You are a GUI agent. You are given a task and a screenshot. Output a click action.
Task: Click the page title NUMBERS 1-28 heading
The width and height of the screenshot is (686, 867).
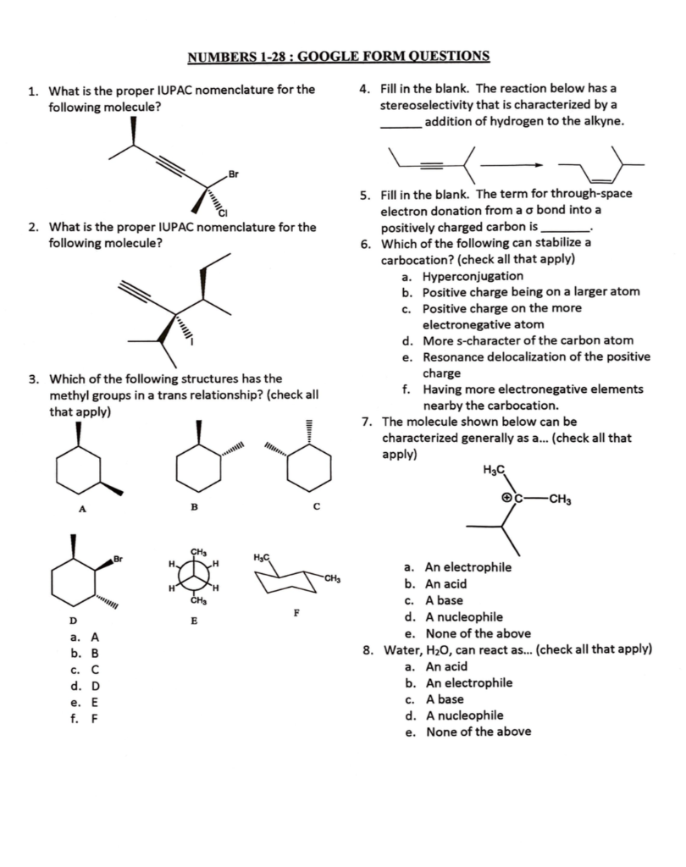click(337, 57)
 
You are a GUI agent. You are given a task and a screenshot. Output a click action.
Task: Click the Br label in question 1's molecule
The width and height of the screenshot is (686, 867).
click(234, 175)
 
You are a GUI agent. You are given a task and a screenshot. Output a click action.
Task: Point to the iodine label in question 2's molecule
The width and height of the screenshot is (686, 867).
click(193, 344)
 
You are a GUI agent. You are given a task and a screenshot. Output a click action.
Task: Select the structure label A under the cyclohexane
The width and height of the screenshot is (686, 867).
click(81, 509)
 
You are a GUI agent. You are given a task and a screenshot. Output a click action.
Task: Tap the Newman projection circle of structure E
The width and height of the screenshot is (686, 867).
click(196, 577)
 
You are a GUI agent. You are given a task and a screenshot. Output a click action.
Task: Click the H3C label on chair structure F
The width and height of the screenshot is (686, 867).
click(261, 556)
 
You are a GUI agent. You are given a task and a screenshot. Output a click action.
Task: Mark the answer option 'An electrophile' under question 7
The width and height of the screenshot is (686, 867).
click(467, 567)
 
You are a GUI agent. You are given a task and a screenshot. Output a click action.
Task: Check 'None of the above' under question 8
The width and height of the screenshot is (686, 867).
click(478, 732)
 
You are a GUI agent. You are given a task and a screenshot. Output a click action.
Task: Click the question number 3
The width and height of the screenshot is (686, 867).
click(31, 378)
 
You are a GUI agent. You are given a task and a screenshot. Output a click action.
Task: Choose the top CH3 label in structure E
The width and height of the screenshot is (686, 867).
click(199, 552)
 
